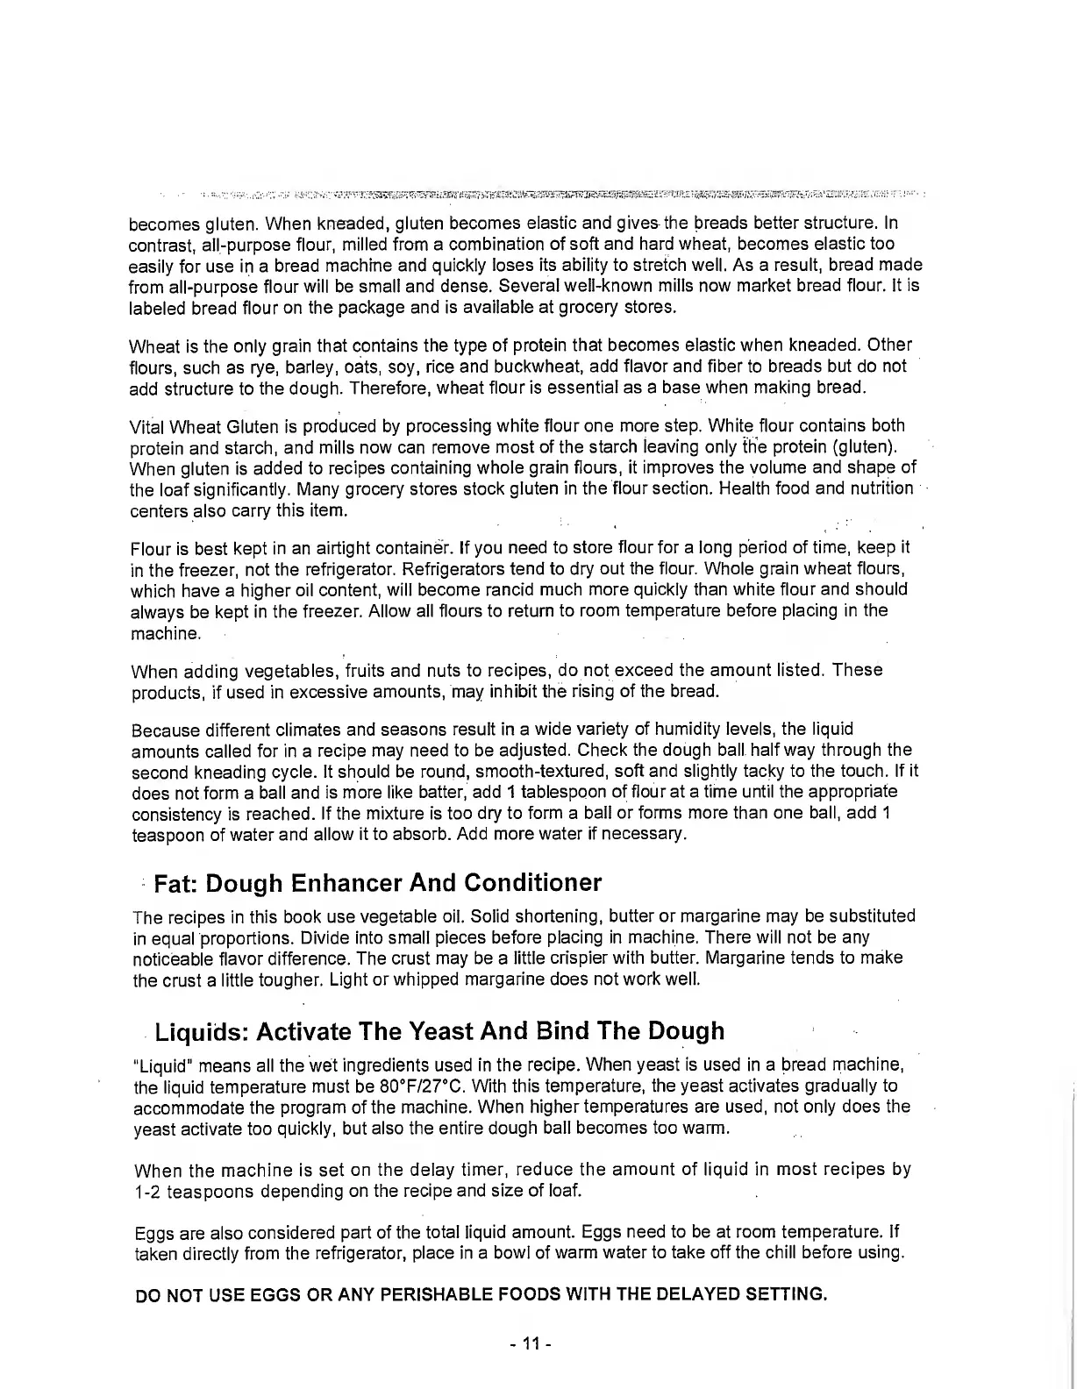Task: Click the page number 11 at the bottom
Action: click(530, 1343)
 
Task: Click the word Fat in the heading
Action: click(173, 882)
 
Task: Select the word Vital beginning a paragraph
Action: click(146, 427)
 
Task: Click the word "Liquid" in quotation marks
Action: click(161, 1065)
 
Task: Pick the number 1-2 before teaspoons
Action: click(147, 1191)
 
